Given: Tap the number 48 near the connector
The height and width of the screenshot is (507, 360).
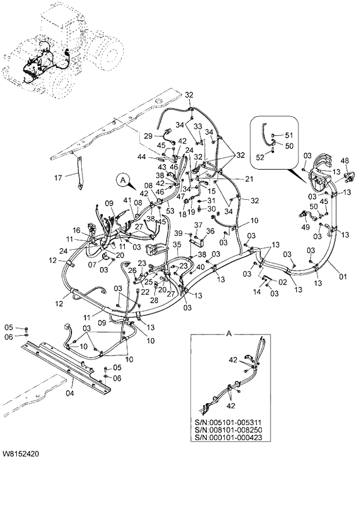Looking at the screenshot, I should point(344,161).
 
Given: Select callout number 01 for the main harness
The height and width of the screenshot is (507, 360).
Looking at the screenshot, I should point(343,277).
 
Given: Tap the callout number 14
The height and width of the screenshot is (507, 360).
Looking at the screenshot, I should point(256,293).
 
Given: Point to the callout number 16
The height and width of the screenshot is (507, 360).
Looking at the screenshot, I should point(76,231).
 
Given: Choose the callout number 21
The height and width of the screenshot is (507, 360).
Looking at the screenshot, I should point(250,179).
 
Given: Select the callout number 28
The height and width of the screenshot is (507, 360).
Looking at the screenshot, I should point(155,300).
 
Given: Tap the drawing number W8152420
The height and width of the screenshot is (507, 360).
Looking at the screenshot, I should point(24,451).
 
